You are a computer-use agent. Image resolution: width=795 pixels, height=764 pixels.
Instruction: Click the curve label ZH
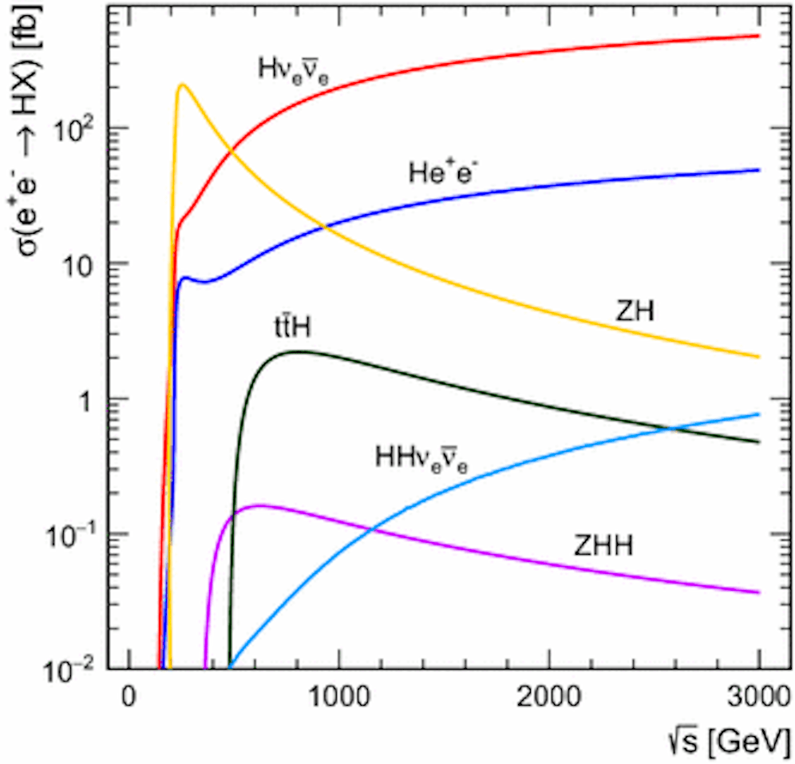pyautogui.click(x=635, y=311)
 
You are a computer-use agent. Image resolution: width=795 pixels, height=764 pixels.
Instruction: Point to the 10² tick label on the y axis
pyautogui.click(x=82, y=128)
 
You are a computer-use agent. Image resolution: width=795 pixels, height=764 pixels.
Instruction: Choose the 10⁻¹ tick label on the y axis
pyautogui.click(x=81, y=533)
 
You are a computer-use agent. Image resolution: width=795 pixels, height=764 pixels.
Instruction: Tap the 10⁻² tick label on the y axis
pyautogui.click(x=81, y=667)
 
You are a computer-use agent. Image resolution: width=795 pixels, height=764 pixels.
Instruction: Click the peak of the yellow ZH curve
pyautogui.click(x=183, y=85)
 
